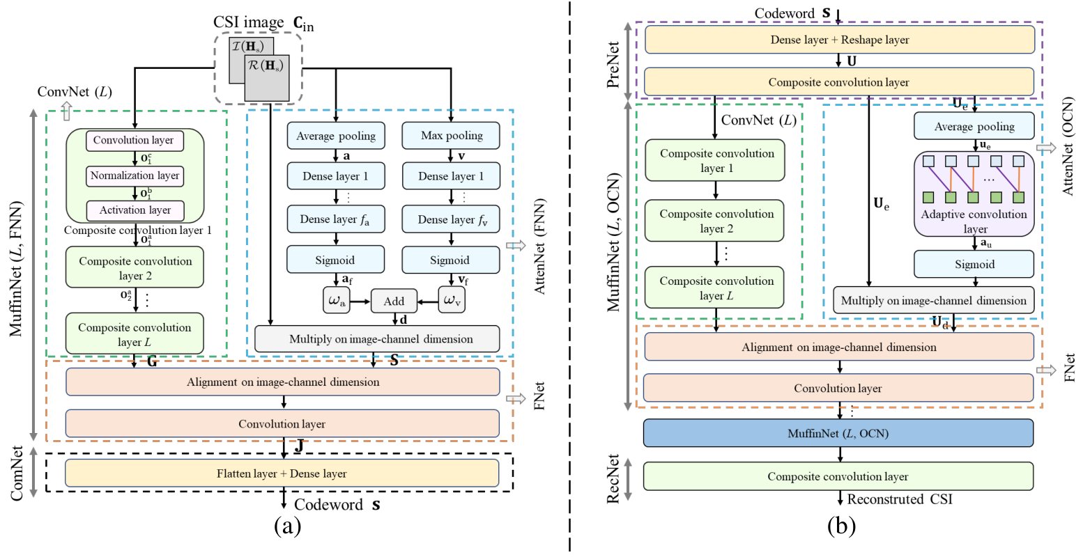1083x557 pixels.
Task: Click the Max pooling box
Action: tap(451, 135)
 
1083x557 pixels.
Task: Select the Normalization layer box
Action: tap(135, 175)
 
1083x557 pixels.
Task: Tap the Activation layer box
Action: tap(135, 210)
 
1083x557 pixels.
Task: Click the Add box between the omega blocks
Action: tap(394, 301)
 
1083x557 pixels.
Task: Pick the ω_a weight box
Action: tap(337, 300)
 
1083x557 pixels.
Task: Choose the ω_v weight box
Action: tap(452, 300)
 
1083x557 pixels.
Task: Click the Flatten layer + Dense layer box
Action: tap(282, 473)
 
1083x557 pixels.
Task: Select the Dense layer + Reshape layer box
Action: tap(840, 40)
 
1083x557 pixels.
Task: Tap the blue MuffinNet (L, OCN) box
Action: tap(838, 433)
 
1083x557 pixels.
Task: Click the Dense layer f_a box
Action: tap(336, 219)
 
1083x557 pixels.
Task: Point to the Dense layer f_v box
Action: tap(451, 219)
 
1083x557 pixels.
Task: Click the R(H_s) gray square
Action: tap(267, 78)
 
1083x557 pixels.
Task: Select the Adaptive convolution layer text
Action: tap(974, 221)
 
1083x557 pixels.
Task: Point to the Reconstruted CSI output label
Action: tap(900, 499)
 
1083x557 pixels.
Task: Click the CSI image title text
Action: tap(264, 23)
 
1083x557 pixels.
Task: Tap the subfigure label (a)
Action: tap(287, 526)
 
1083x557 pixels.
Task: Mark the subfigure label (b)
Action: tap(841, 526)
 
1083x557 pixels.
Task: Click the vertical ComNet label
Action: tap(17, 473)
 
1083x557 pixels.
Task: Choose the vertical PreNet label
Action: tap(613, 65)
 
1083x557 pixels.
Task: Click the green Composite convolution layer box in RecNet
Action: tap(838, 476)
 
